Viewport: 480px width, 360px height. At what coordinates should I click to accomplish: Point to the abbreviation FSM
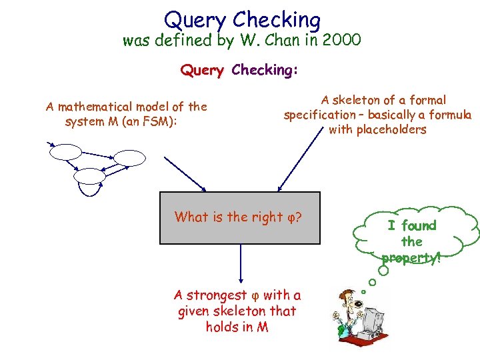[x=159, y=121]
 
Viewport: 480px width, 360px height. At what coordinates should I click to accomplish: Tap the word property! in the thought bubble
[x=411, y=257]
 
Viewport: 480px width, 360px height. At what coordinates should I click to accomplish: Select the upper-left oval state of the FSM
[x=63, y=153]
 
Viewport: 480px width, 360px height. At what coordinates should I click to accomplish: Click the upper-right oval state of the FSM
[x=129, y=158]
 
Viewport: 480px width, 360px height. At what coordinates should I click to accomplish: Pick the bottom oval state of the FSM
[x=89, y=176]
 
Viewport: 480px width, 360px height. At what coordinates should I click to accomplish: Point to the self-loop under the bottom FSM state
[x=90, y=192]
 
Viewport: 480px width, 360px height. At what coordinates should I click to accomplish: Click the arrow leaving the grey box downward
[x=240, y=263]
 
